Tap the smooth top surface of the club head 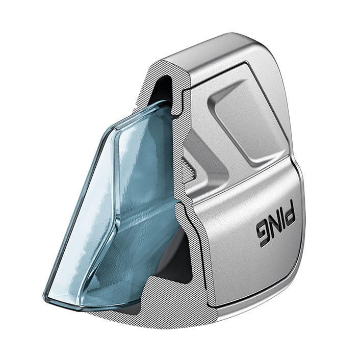[219, 51]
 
